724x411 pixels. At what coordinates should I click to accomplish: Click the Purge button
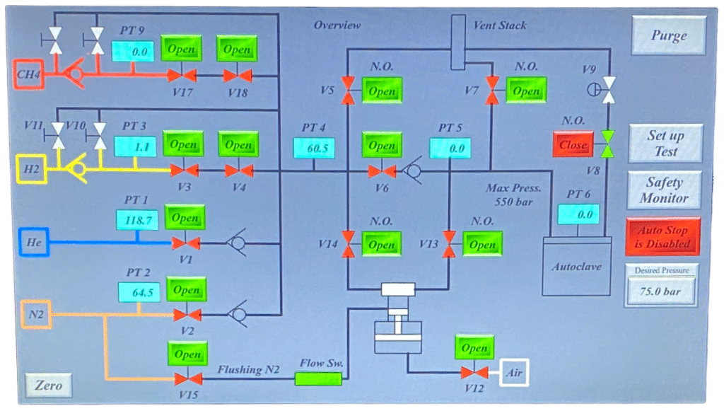668,36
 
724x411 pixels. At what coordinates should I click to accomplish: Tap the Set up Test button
665,144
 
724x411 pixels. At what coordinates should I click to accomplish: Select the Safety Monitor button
664,190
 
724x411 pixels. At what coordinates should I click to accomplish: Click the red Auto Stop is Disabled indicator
662,237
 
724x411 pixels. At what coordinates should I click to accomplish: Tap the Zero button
48,386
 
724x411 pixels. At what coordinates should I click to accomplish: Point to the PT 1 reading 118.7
138,220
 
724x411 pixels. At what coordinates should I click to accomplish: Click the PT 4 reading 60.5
314,149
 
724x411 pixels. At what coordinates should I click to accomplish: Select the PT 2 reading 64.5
138,291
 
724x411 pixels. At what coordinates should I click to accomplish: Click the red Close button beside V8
573,145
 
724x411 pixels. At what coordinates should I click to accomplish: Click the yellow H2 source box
31,170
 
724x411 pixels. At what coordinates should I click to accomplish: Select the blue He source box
33,242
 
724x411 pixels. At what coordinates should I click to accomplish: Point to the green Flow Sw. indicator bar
317,379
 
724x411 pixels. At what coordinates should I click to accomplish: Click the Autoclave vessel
576,265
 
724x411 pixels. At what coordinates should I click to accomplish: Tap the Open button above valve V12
474,349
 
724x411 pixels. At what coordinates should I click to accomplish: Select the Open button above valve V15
187,354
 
